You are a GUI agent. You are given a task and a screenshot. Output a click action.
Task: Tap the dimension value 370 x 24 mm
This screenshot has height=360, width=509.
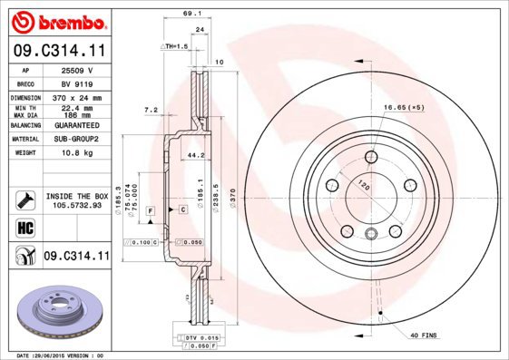[x=77, y=97]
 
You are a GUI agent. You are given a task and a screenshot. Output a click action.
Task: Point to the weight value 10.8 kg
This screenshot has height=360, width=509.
[x=77, y=153]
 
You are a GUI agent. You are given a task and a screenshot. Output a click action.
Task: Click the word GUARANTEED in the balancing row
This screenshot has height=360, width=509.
[x=77, y=125]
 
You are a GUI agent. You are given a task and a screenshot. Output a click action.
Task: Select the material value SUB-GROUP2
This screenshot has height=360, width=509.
[x=77, y=140]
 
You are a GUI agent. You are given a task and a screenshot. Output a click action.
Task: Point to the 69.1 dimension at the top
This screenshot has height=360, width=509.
[x=191, y=15]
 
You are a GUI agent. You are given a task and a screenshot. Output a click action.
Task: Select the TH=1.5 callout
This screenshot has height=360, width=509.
[x=174, y=45]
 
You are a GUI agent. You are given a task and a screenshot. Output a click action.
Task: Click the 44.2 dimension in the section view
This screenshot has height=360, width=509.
[x=192, y=155]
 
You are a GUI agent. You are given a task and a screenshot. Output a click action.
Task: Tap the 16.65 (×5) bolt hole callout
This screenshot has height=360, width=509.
[x=404, y=109]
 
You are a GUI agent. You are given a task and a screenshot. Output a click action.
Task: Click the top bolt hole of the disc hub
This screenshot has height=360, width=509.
[x=370, y=157]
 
